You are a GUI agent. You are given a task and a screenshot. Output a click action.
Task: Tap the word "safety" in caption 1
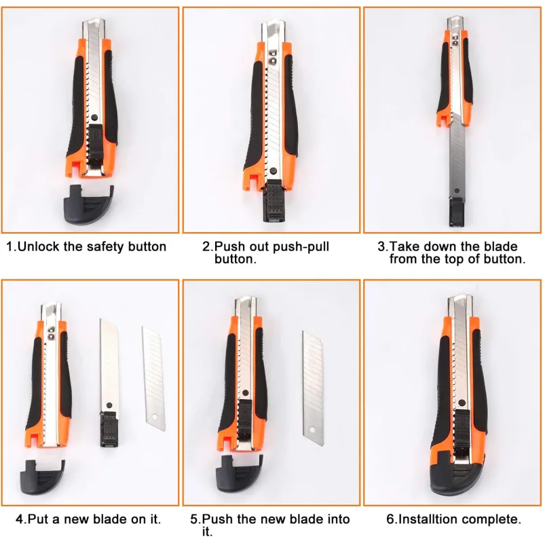pyautogui.click(x=106, y=246)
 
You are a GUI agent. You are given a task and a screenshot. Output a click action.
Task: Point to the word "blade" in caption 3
pyautogui.click(x=501, y=246)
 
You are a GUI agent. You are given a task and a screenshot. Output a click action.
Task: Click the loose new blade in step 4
pyautogui.click(x=154, y=379)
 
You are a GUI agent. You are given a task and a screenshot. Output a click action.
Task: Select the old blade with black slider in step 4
pyautogui.click(x=109, y=383)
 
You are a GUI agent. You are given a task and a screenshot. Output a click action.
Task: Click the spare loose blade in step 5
pyautogui.click(x=313, y=388)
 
